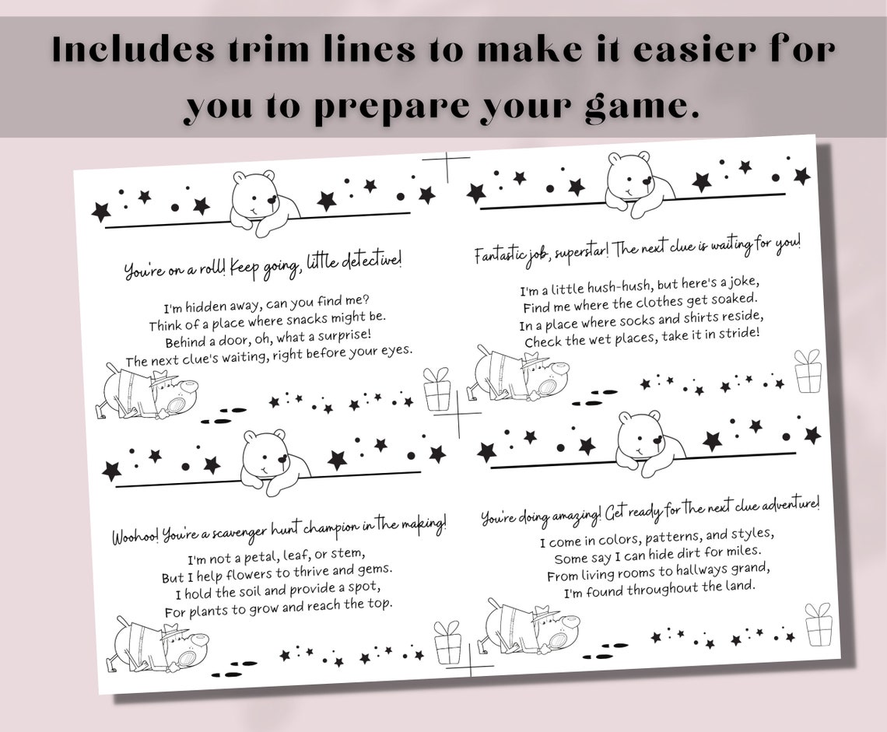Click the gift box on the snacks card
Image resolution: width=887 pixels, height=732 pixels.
coord(437,390)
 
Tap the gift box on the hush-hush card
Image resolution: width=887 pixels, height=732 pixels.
coord(808,371)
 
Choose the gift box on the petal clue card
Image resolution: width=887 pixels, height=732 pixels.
coord(447,643)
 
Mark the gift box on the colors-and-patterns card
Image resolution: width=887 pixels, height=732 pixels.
coord(818,624)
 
